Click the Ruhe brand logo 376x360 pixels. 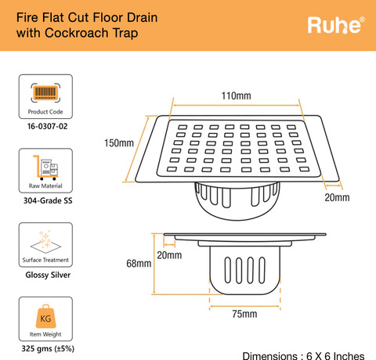(x=336, y=25)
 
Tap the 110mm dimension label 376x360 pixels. (x=237, y=96)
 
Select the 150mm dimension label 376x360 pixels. (x=119, y=143)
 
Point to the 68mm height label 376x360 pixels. (x=139, y=264)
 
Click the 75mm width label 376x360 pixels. (x=244, y=314)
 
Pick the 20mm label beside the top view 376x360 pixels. (x=337, y=197)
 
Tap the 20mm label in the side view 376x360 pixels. (x=169, y=255)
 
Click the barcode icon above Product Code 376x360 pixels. (x=45, y=92)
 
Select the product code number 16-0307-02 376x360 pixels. (x=48, y=127)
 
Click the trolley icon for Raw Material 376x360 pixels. (x=45, y=167)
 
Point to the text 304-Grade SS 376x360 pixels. (x=48, y=200)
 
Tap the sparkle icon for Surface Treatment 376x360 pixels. (x=45, y=242)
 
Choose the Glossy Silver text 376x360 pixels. (x=48, y=275)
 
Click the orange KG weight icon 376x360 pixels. (x=45, y=316)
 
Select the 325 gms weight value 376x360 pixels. (x=33, y=349)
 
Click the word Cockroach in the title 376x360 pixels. (x=77, y=33)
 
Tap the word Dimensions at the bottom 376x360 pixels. (x=269, y=356)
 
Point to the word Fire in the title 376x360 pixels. (x=27, y=18)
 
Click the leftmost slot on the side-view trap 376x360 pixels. (x=228, y=270)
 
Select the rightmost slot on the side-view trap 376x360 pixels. (x=262, y=270)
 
